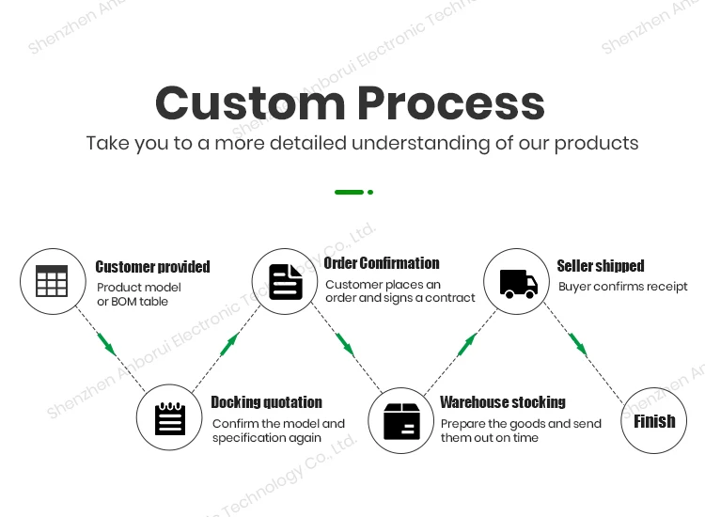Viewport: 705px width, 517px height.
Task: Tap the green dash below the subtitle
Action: [x=349, y=192]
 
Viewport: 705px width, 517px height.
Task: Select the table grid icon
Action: [x=52, y=281]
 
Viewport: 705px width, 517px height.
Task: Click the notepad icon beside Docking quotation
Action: [x=170, y=419]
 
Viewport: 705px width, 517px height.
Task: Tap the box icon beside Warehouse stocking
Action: [x=401, y=420]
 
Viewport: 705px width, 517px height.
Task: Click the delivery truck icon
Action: [x=518, y=282]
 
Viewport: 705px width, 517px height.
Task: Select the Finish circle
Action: [x=654, y=421]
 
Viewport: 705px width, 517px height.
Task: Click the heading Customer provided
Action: [x=152, y=267]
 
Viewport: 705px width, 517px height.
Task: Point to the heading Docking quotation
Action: [x=266, y=402]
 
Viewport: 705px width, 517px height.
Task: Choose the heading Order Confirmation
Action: [x=382, y=263]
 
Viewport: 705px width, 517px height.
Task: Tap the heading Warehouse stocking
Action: [x=503, y=402]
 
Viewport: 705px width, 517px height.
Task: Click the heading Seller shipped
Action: [x=601, y=266]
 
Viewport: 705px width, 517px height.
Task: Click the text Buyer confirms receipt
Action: [x=622, y=287]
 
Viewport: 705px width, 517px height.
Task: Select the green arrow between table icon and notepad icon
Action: [x=107, y=344]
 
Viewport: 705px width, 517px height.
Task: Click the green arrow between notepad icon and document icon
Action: [x=229, y=344]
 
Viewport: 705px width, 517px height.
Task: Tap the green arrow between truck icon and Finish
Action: [x=578, y=345]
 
